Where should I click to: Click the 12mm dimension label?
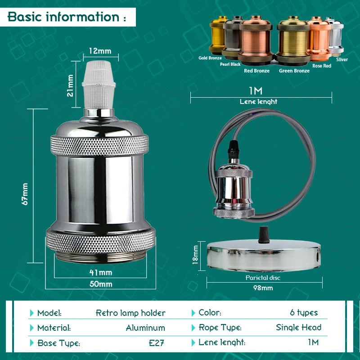(x=100, y=51)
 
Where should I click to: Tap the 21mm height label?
(x=70, y=85)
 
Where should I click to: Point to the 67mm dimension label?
(x=25, y=194)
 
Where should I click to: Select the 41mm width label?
(x=101, y=273)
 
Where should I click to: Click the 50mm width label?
(x=101, y=284)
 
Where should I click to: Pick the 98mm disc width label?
(x=263, y=288)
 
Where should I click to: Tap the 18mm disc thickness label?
(x=195, y=255)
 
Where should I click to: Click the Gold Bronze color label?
(x=210, y=58)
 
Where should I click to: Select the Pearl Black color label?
(x=230, y=64)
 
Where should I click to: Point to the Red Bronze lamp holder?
(x=256, y=40)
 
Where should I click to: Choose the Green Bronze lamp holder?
(x=293, y=40)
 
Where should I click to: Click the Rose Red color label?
(x=322, y=66)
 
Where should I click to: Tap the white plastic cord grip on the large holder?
(x=99, y=85)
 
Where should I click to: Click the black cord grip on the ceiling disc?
(x=263, y=235)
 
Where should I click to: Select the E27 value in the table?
(x=156, y=343)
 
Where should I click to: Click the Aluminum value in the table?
(x=145, y=328)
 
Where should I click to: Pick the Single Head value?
(x=298, y=328)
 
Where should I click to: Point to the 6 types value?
(x=304, y=313)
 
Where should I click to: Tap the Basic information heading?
(x=67, y=17)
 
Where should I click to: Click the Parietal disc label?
(x=263, y=278)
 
